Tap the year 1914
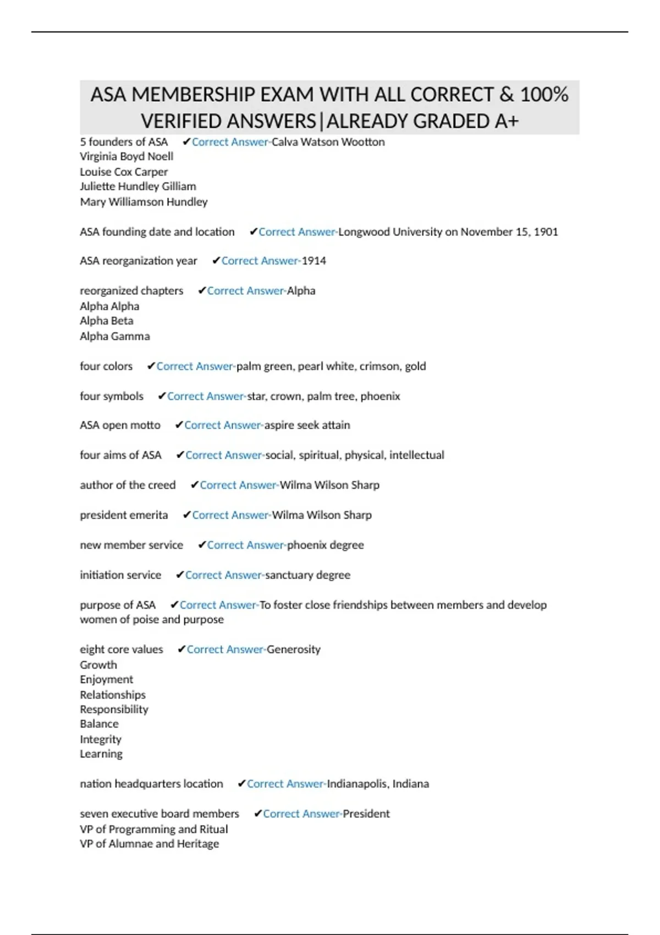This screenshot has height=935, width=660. (x=313, y=261)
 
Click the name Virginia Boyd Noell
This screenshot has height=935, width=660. (x=127, y=157)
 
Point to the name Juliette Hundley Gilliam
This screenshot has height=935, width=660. (x=138, y=186)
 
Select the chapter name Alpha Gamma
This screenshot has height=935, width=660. (x=114, y=336)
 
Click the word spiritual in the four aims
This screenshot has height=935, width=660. (x=319, y=455)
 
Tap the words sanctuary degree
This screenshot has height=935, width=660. (x=307, y=575)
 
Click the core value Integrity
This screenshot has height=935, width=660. (x=101, y=739)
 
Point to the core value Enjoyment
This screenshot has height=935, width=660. (x=107, y=679)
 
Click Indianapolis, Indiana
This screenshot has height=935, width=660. (x=378, y=784)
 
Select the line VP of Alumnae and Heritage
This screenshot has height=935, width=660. (x=150, y=844)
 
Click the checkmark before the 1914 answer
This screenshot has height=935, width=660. (x=216, y=261)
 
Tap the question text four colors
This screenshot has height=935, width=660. (x=106, y=366)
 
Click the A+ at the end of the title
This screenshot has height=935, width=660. (x=506, y=121)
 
